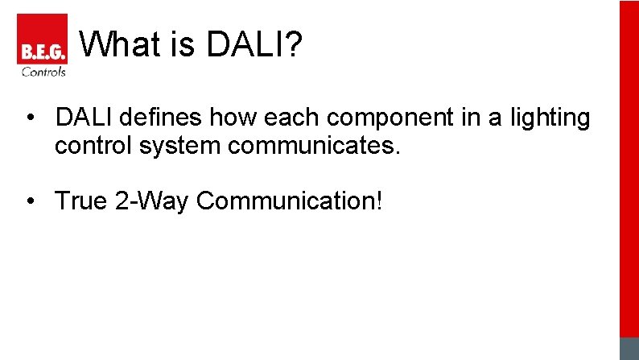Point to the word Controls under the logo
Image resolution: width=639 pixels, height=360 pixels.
pyautogui.click(x=43, y=72)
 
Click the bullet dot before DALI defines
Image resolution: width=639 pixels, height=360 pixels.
pyautogui.click(x=30, y=118)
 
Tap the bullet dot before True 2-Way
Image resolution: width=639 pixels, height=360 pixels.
pyautogui.click(x=30, y=201)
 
